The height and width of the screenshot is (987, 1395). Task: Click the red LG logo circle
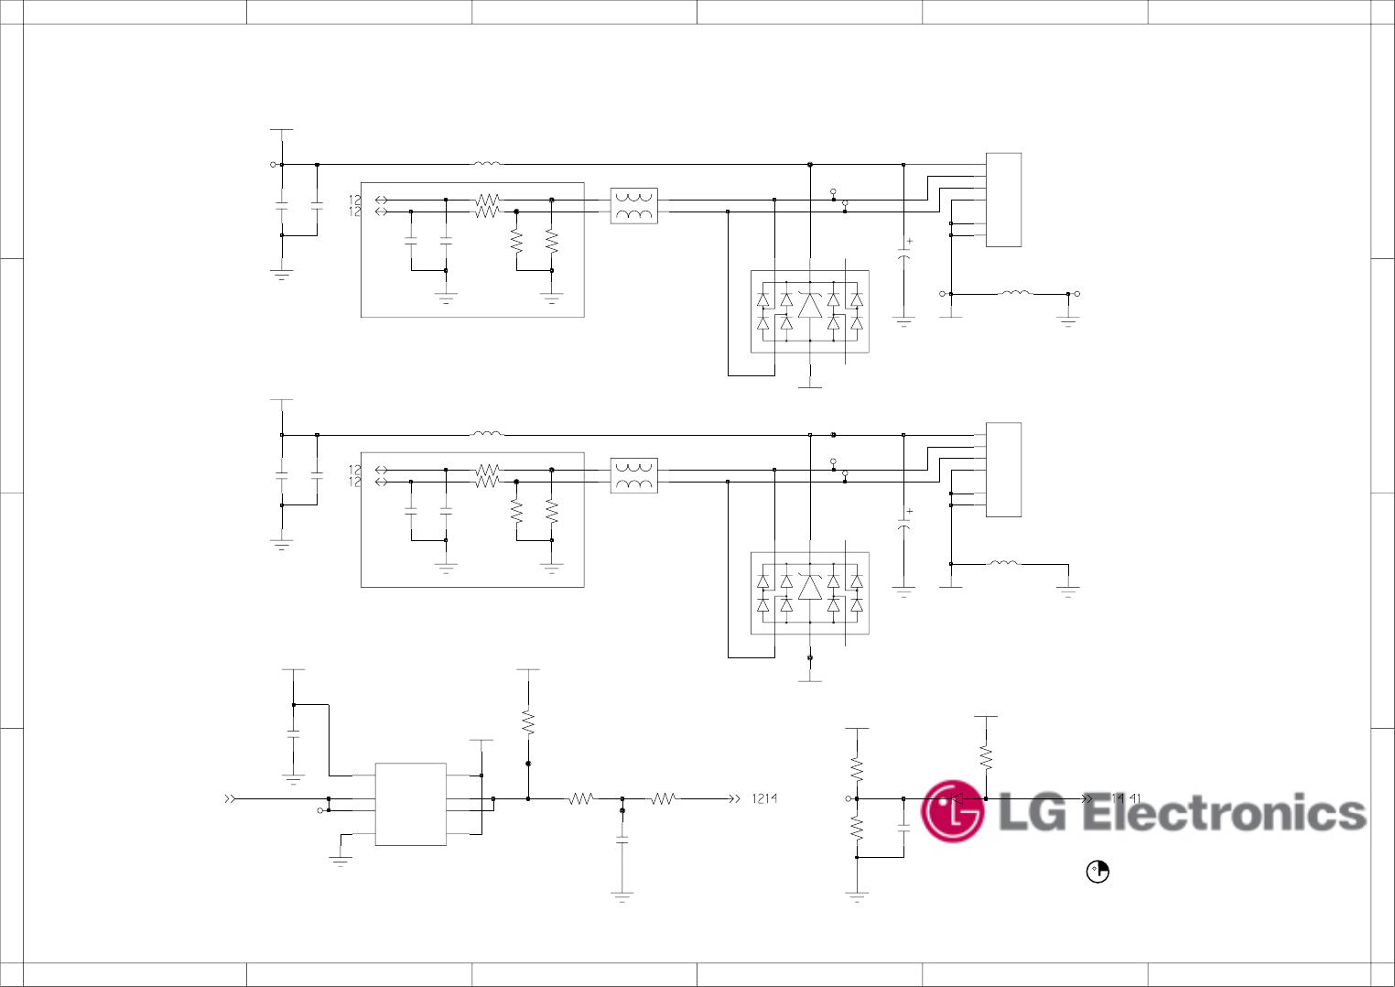tap(952, 811)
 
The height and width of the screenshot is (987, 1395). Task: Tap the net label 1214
tap(764, 798)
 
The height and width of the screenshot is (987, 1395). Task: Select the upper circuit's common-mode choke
tap(633, 206)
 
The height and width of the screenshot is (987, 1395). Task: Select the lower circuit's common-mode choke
tap(633, 476)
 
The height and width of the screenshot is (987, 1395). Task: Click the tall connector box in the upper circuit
tap(1003, 200)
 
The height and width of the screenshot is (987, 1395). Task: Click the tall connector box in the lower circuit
tap(1003, 470)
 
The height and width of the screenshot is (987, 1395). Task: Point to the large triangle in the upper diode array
tap(810, 305)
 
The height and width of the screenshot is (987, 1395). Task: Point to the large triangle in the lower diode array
tap(810, 587)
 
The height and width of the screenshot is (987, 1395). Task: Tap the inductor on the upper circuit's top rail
tap(487, 165)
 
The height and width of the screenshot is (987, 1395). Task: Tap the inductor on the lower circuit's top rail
tap(487, 434)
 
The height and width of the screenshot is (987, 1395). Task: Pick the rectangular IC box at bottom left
tap(410, 804)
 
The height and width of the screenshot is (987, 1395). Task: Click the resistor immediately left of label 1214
tap(664, 799)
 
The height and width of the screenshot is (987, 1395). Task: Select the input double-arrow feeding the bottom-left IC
tap(231, 799)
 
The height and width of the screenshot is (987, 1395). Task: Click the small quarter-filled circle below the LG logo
tap(1098, 872)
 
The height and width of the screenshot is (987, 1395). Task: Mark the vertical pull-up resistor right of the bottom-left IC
tap(528, 722)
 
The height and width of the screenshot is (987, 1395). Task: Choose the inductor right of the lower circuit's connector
tap(1004, 564)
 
